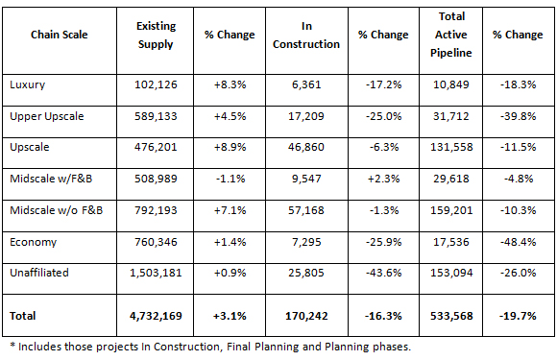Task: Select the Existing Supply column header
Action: tap(156, 35)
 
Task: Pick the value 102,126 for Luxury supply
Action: tap(156, 85)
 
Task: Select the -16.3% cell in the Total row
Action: tap(382, 314)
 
